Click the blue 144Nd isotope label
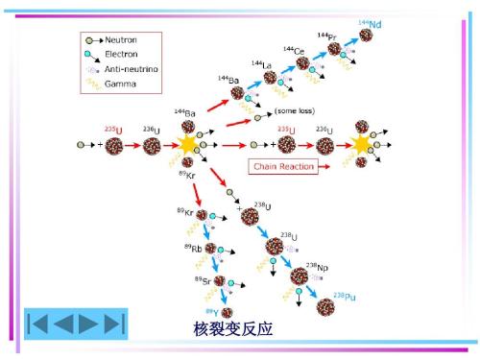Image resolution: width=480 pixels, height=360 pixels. [369, 23]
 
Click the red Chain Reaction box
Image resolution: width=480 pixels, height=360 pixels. [281, 166]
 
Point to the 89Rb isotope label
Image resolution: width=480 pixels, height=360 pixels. [193, 248]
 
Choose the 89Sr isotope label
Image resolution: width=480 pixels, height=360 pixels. [203, 279]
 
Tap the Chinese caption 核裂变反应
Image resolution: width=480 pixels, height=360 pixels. [233, 328]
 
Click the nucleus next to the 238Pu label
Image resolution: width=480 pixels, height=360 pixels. [325, 306]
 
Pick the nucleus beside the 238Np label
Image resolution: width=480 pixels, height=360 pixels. [299, 276]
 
